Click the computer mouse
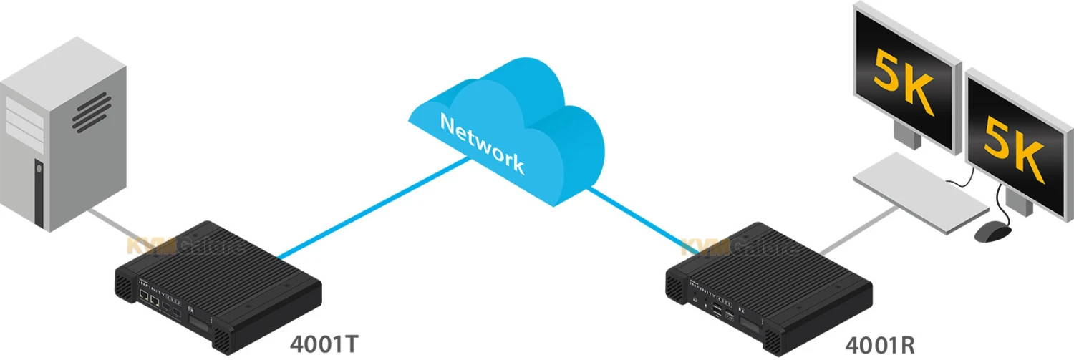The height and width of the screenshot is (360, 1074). tap(995, 230)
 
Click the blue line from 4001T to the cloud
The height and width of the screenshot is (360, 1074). tap(372, 208)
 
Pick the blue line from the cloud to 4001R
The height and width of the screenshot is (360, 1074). tap(637, 215)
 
